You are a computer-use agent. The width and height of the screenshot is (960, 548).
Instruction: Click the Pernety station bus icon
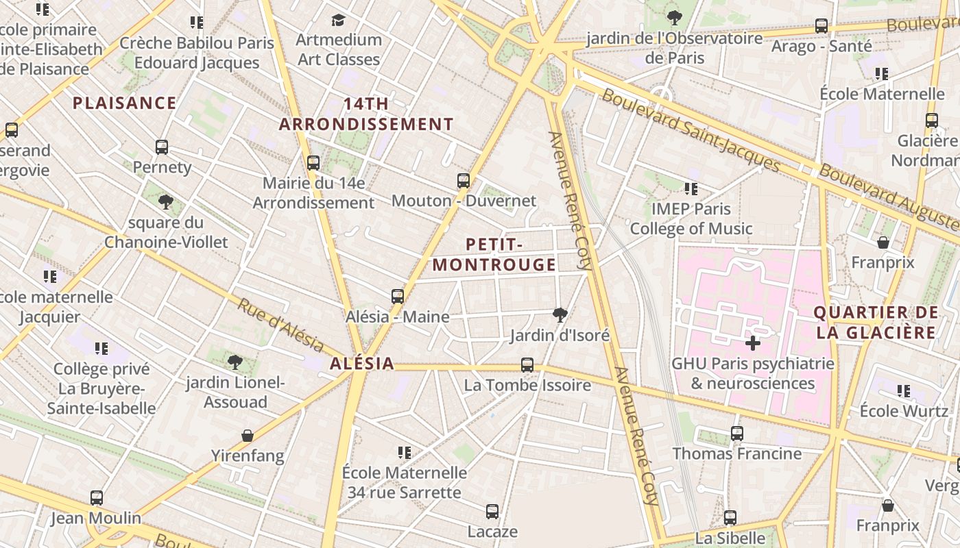(x=162, y=147)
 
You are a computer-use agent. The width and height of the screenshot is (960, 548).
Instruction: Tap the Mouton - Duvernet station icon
(x=464, y=181)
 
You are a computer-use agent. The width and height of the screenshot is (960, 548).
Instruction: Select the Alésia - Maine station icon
(x=398, y=297)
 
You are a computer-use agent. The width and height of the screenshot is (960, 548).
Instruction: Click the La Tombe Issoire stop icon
(x=527, y=365)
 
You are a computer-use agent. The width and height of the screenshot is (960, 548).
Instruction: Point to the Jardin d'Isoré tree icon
(x=560, y=314)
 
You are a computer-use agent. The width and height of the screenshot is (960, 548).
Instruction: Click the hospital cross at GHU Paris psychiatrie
(x=753, y=342)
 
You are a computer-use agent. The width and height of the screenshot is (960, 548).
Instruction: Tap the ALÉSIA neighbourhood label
(x=362, y=364)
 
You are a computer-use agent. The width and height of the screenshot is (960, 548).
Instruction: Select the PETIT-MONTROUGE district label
(x=494, y=255)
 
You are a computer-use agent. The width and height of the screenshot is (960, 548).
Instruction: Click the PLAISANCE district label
(x=125, y=103)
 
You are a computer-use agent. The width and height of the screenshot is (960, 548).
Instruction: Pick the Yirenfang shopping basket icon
(x=248, y=436)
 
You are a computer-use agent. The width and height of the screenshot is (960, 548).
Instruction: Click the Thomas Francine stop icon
(x=737, y=433)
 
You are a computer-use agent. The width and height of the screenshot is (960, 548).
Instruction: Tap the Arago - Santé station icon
(x=821, y=26)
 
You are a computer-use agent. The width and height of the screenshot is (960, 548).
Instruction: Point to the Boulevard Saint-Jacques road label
(x=691, y=130)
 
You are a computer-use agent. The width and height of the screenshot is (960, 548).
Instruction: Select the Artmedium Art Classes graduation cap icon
(x=338, y=20)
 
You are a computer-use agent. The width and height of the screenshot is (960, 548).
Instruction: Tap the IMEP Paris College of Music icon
(x=691, y=188)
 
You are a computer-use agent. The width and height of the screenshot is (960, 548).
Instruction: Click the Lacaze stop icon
(x=492, y=511)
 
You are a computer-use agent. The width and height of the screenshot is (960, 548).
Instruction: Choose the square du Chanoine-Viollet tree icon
(x=165, y=201)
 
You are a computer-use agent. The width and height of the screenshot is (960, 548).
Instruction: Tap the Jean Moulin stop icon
(x=97, y=498)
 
